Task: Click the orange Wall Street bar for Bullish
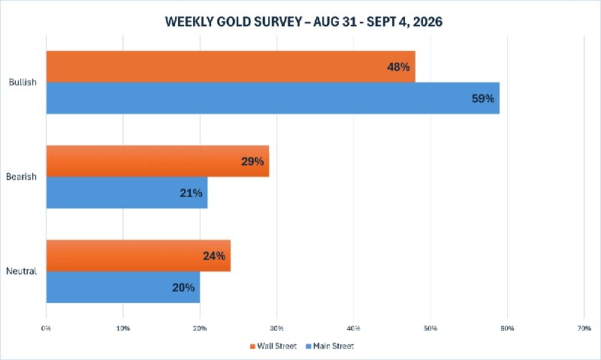[231, 67]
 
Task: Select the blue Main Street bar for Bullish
[273, 98]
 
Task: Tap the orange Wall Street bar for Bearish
[158, 161]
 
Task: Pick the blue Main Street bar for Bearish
[127, 192]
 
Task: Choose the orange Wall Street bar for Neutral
[138, 256]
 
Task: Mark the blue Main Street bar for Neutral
[123, 287]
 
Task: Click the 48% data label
[398, 67]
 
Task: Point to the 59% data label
[483, 98]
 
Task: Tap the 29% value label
[252, 162]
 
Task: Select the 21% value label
[191, 193]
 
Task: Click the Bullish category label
[23, 82]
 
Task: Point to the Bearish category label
[22, 177]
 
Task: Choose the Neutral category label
[22, 271]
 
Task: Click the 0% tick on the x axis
[46, 328]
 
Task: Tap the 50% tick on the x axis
[430, 328]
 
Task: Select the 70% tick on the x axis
[584, 328]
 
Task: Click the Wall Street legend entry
[273, 346]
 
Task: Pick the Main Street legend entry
[330, 346]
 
